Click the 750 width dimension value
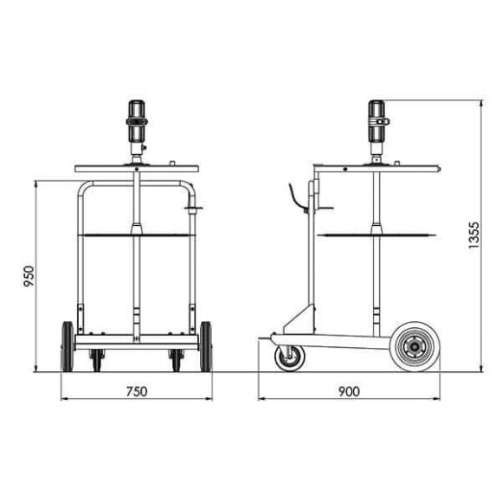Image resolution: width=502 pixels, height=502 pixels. [x=136, y=391]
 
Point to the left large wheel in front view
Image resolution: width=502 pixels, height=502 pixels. [x=68, y=346]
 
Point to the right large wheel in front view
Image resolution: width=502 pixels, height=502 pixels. [x=205, y=346]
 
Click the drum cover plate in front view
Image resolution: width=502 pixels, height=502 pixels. [x=136, y=168]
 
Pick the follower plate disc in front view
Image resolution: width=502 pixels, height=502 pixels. [x=136, y=234]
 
